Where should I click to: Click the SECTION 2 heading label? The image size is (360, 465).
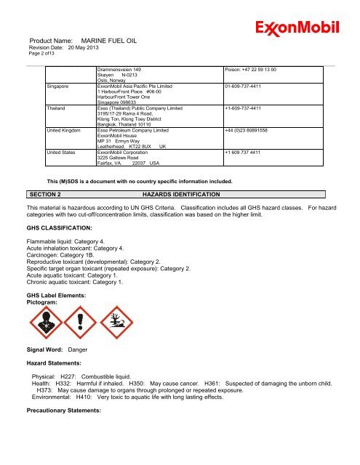tap(44, 195)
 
